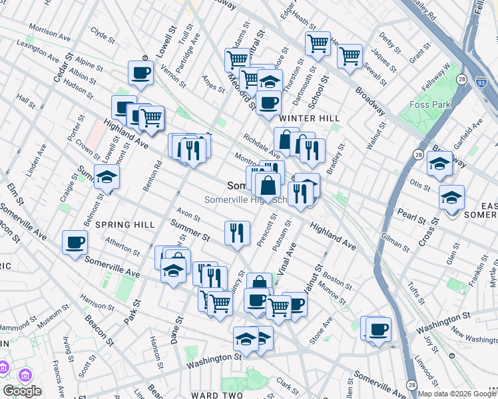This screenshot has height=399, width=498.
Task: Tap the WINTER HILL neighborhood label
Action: pyautogui.click(x=305, y=118)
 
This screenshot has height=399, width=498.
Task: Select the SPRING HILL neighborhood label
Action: pyautogui.click(x=121, y=225)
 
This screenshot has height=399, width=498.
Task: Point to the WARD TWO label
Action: pyautogui.click(x=217, y=395)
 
